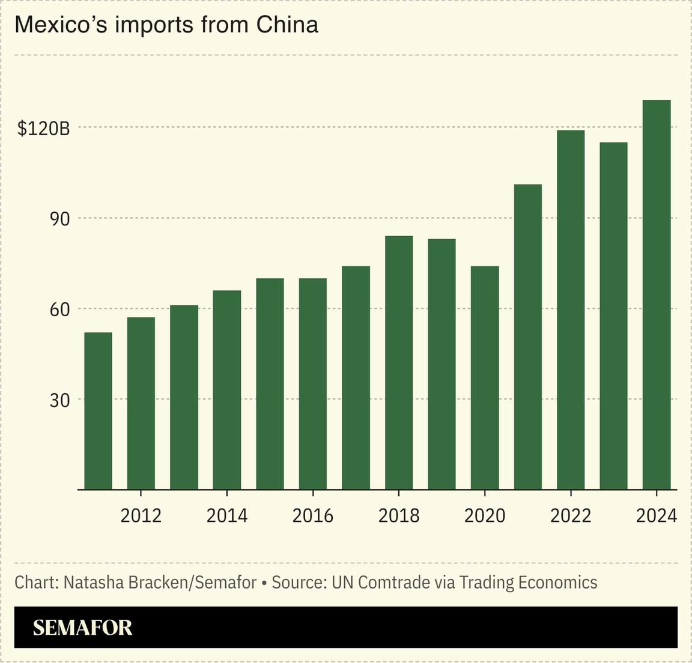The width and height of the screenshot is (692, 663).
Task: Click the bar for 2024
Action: pyautogui.click(x=657, y=295)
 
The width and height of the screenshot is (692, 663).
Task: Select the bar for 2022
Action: pyautogui.click(x=571, y=310)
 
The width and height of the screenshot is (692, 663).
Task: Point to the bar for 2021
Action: pyautogui.click(x=527, y=337)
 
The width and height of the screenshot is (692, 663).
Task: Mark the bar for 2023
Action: pyautogui.click(x=613, y=316)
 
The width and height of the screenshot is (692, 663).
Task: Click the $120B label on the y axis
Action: pyautogui.click(x=43, y=128)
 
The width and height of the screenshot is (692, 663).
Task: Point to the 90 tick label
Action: pyautogui.click(x=59, y=219)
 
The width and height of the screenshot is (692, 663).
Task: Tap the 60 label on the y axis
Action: pyautogui.click(x=59, y=310)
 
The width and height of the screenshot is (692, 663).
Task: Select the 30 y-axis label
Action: pyautogui.click(x=59, y=400)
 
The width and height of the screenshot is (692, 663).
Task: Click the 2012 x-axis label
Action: pyautogui.click(x=141, y=516)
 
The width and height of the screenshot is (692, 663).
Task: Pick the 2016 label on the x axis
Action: pyautogui.click(x=312, y=516)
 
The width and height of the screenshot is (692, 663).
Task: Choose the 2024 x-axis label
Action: pyautogui.click(x=656, y=516)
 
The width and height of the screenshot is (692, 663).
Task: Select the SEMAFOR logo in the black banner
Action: pyautogui.click(x=82, y=628)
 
